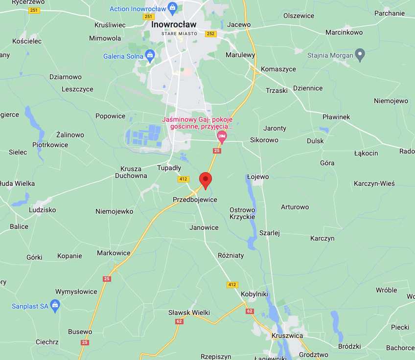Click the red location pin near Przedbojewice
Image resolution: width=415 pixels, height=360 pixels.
tap(206, 180)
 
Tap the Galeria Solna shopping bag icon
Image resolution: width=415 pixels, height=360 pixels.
tap(150, 56)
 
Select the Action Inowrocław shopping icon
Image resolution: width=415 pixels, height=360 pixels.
tap(172, 8)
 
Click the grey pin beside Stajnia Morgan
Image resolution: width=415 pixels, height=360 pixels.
tap(360, 55)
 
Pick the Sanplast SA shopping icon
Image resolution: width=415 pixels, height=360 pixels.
tap(55, 306)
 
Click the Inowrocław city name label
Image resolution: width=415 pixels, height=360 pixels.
tap(174, 24)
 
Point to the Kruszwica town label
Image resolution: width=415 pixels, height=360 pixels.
tap(287, 336)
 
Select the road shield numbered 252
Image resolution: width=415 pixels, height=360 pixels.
tap(210, 34)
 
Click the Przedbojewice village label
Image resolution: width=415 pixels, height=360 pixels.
tap(195, 200)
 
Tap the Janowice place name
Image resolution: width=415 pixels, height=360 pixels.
tap(204, 227)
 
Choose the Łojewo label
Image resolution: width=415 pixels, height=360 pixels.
tap(258, 177)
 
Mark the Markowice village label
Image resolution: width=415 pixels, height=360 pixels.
tap(114, 253)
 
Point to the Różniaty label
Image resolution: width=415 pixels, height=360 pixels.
tap(231, 255)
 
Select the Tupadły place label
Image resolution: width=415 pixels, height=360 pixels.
tap(169, 168)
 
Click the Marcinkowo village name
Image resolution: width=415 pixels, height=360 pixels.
tap(344, 33)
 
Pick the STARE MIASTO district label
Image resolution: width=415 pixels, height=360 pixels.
tap(179, 33)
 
